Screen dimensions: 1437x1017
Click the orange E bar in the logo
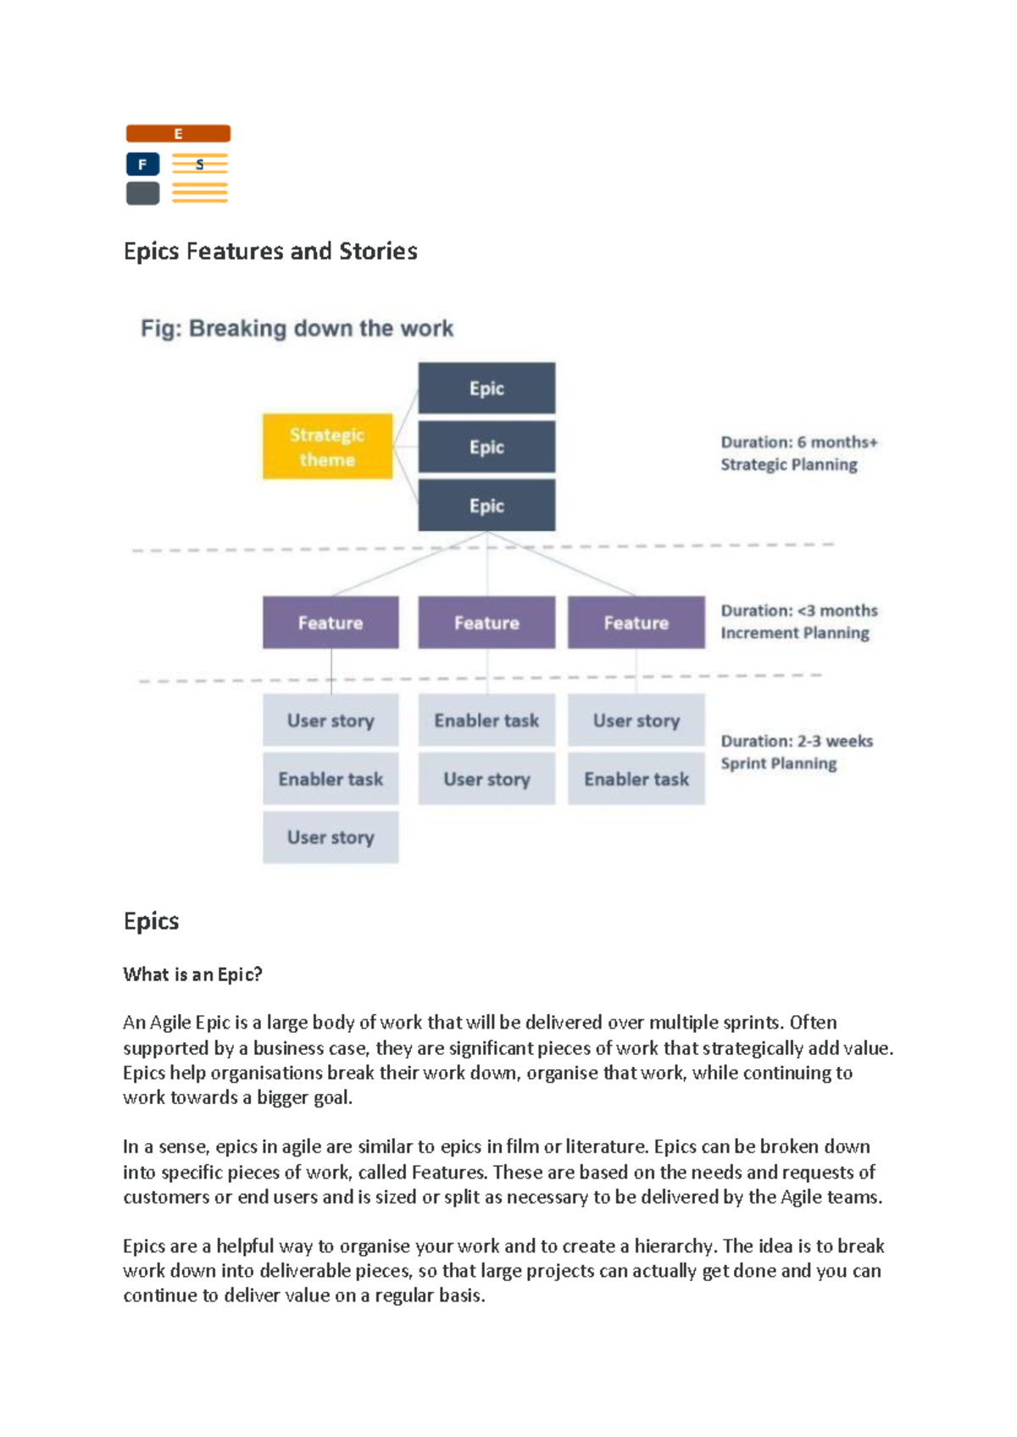click(x=178, y=134)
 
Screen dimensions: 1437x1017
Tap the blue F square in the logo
click(x=142, y=164)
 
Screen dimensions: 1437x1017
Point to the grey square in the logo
click(x=142, y=193)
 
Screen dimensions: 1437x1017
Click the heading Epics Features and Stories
click(x=270, y=252)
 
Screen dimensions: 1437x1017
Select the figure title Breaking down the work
click(x=297, y=329)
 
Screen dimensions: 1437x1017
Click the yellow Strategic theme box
click(x=327, y=447)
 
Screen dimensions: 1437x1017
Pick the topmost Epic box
click(x=486, y=388)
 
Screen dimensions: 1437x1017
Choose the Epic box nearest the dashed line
click(x=486, y=506)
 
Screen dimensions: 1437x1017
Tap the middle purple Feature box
click(x=486, y=623)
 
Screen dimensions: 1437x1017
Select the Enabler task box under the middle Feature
click(x=486, y=721)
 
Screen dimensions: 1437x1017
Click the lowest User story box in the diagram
click(x=331, y=838)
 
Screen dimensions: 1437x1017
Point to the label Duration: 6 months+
click(x=799, y=442)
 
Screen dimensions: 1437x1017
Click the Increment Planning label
click(x=795, y=633)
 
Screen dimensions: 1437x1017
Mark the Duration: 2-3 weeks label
click(x=797, y=741)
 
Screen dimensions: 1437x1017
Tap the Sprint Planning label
click(x=779, y=763)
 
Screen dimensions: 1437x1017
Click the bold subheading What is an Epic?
click(x=192, y=974)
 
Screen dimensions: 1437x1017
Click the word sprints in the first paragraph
click(x=751, y=1023)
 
